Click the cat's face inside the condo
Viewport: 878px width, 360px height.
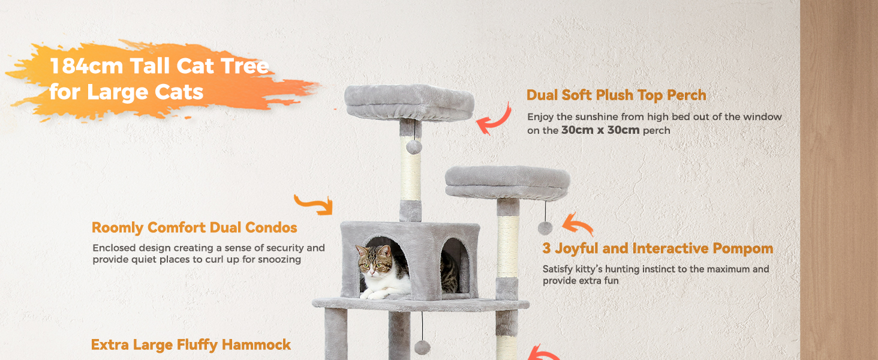(x=374, y=262)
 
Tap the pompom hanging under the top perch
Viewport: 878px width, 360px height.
(x=414, y=147)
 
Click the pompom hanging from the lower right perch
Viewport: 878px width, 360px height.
(x=545, y=228)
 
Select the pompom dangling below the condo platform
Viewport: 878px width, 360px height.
(x=422, y=347)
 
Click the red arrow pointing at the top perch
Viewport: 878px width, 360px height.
(x=495, y=119)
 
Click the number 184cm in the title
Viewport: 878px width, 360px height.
(x=86, y=65)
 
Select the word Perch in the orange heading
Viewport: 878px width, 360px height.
(x=687, y=95)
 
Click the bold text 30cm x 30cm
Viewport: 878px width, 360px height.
(x=600, y=130)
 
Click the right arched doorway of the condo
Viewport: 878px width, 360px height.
(x=455, y=266)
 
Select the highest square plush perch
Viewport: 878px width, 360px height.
(x=409, y=103)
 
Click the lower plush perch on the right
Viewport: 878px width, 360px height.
(x=507, y=183)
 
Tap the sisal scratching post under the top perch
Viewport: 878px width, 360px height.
(x=410, y=169)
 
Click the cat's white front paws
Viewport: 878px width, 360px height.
(x=374, y=293)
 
